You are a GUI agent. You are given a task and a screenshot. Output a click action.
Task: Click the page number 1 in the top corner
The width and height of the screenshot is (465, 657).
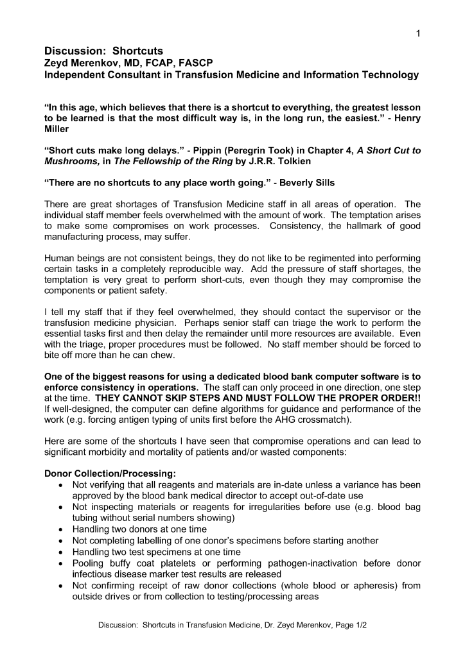[418, 34]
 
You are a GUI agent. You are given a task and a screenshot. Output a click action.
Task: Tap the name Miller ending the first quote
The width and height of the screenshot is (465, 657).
[57, 130]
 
